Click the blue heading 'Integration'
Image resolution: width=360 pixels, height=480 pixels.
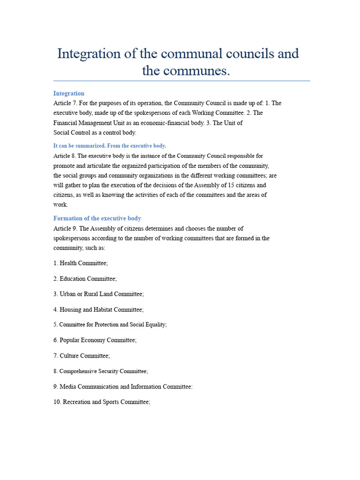tap(69, 93)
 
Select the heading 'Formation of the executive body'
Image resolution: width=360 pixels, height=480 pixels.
tap(97, 218)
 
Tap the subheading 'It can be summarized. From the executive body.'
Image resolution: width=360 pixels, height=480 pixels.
tap(110, 146)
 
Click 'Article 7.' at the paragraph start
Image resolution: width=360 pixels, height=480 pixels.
tap(65, 103)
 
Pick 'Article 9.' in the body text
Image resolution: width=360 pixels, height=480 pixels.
tap(65, 228)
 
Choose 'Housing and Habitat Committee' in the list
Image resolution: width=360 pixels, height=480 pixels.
tap(101, 309)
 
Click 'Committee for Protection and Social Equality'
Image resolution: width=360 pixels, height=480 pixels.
tap(112, 324)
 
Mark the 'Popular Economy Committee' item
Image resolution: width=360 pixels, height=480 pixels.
tap(98, 340)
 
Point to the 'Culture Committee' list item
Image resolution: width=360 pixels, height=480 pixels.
tap(84, 356)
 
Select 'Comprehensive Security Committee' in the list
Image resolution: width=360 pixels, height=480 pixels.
tap(103, 371)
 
